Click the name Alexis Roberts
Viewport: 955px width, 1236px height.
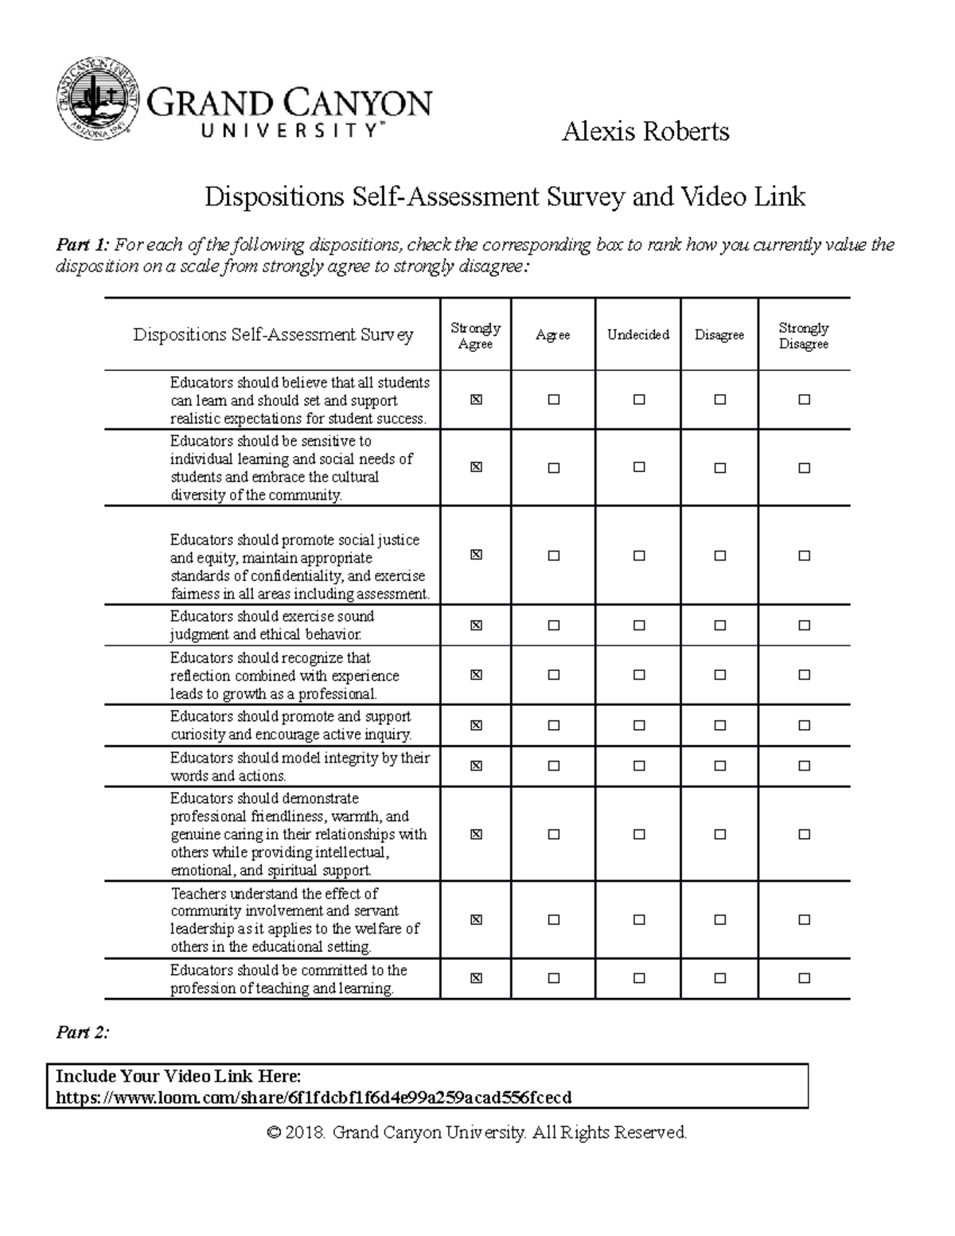645,131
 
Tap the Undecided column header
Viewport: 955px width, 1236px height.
638,335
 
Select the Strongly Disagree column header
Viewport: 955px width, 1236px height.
804,336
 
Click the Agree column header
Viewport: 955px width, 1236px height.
553,335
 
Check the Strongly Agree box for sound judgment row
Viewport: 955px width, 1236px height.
476,626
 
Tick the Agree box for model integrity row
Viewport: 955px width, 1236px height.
554,766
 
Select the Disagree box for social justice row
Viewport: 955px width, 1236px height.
720,556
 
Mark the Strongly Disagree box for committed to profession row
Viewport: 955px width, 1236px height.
805,978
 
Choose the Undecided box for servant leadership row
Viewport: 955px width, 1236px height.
639,920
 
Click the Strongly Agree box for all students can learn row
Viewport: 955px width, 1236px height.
476,400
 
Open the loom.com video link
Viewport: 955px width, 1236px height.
314,1098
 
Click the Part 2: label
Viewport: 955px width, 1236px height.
82,1032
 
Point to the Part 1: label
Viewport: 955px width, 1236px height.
83,244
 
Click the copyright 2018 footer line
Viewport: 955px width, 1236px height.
477,1132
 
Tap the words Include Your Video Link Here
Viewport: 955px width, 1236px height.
178,1076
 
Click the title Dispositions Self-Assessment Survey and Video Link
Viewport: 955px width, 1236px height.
505,196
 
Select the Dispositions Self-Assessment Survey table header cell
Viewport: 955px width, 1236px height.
273,335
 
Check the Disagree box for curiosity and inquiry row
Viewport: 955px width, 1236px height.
720,725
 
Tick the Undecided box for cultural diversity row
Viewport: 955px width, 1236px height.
639,468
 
